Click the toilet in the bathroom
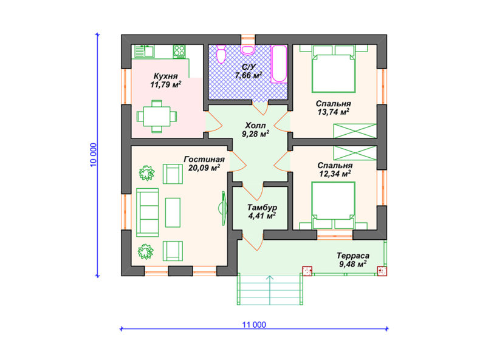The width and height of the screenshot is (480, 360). click(221, 54)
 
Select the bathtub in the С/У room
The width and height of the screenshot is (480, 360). click(279, 64)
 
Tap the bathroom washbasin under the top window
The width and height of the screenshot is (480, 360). click(247, 50)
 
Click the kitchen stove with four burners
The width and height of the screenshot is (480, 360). click(179, 52)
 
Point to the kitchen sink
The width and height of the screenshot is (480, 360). click(144, 52)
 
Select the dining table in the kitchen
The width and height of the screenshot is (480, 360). click(157, 117)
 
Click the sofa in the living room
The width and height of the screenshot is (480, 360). click(147, 212)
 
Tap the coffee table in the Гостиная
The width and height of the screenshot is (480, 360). click(173, 212)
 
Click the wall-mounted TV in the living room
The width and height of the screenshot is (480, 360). click(223, 208)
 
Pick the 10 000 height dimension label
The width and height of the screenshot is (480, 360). click(94, 155)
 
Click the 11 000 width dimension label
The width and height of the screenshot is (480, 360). click(254, 325)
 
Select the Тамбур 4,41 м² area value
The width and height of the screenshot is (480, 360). click(262, 216)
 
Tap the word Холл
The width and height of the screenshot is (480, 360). click(256, 126)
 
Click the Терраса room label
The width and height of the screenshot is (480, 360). click(353, 256)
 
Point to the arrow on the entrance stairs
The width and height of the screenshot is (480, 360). click(270, 290)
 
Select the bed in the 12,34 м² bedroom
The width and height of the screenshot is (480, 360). click(334, 206)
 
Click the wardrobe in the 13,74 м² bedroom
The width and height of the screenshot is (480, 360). click(355, 131)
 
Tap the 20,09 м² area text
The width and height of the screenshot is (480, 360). click(204, 168)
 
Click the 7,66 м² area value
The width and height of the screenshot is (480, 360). click(249, 75)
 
